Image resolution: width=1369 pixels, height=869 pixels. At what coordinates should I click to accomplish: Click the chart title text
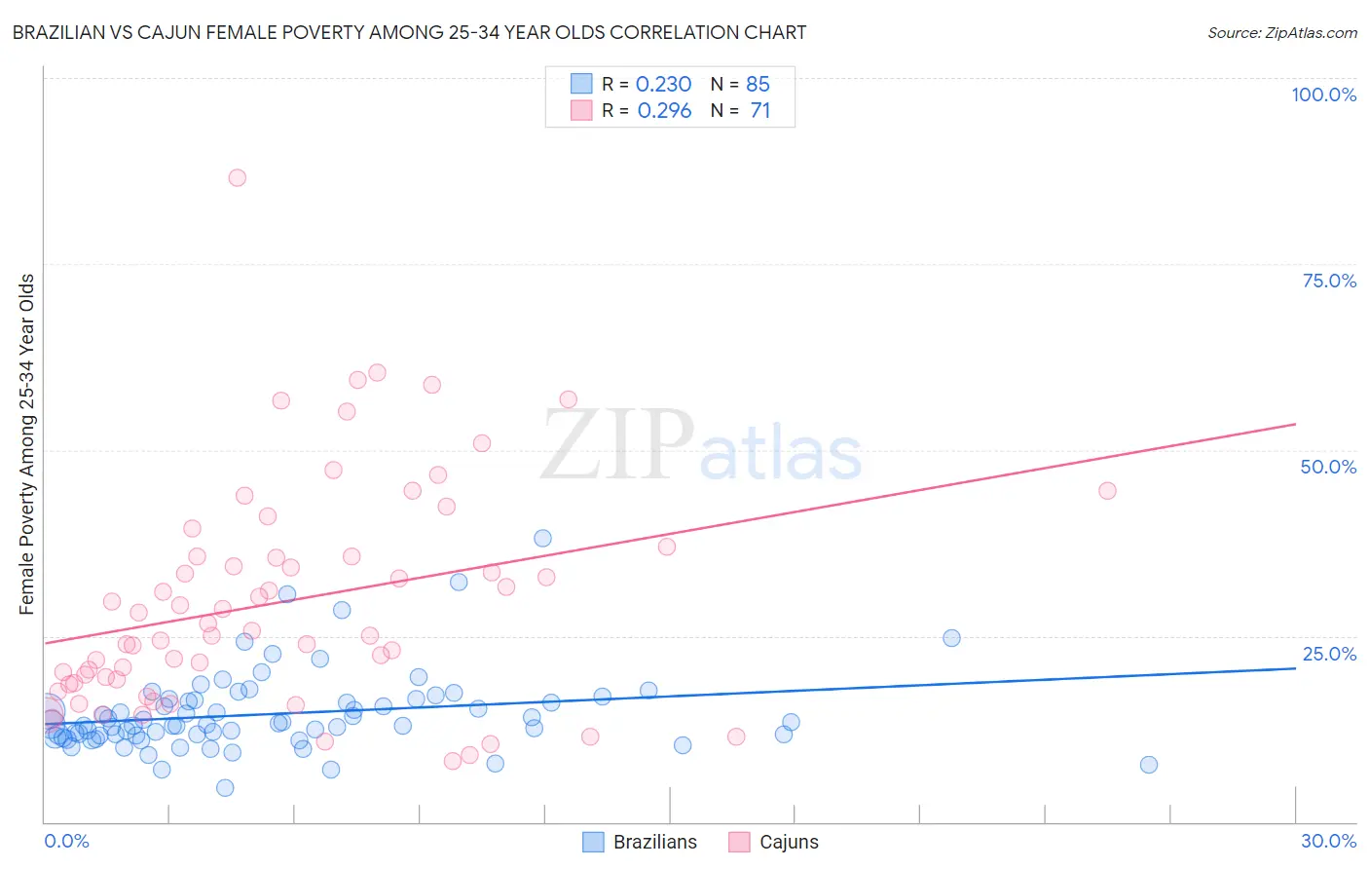409,32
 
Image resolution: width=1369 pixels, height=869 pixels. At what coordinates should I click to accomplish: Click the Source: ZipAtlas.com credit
1281,32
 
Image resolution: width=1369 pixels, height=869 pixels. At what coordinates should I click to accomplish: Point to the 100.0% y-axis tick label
1323,94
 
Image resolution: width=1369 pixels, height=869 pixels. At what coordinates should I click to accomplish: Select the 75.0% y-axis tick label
1329,281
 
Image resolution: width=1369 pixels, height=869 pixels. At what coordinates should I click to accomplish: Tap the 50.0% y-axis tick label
1328,467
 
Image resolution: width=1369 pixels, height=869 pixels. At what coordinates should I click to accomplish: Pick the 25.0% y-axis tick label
1329,653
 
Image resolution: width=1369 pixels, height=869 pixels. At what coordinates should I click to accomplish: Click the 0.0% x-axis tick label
66,841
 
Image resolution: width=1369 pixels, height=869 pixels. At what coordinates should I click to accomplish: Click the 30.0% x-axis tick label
1328,841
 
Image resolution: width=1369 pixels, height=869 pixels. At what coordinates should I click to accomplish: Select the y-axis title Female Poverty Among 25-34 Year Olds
27,444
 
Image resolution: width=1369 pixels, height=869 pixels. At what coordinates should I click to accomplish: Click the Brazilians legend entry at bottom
640,842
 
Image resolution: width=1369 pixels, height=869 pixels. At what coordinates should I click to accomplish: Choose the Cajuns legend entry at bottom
774,842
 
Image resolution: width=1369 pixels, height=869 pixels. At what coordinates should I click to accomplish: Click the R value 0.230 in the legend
663,85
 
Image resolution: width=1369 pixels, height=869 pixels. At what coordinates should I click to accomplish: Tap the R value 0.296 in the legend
664,111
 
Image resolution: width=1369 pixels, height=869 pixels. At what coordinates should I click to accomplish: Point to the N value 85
758,85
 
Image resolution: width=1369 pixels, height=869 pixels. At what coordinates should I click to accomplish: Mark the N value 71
759,111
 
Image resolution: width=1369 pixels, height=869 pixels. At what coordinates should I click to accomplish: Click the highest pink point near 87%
237,177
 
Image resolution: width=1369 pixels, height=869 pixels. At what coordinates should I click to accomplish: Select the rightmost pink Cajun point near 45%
1107,491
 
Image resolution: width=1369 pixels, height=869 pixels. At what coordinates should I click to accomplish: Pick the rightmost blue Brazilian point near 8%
1149,765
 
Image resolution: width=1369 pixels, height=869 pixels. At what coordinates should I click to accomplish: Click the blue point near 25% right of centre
951,638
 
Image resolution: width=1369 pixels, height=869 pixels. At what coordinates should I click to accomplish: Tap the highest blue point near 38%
542,539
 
